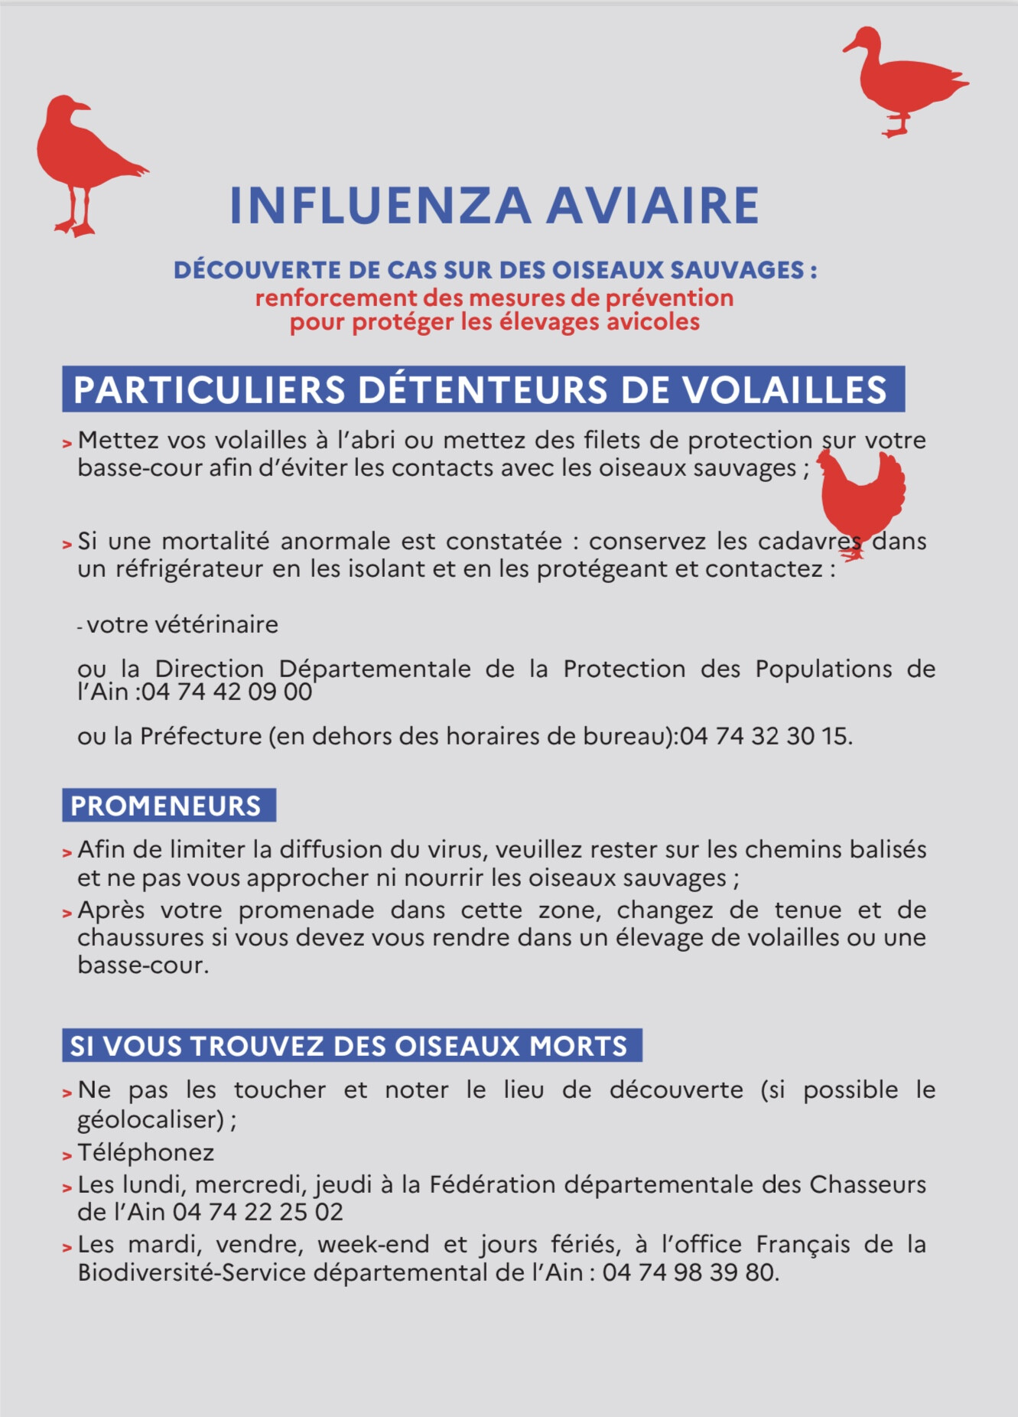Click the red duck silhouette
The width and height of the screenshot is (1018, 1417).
click(903, 80)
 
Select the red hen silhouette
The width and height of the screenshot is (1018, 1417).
click(863, 497)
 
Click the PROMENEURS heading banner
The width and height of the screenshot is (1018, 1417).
click(168, 806)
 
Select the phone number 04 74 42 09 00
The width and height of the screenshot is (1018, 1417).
click(226, 692)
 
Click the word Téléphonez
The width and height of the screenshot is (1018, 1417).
click(145, 1152)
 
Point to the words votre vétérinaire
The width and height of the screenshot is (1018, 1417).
click(182, 624)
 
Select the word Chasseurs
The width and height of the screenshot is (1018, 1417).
click(867, 1184)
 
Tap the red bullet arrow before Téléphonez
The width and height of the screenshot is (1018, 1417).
click(67, 1155)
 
